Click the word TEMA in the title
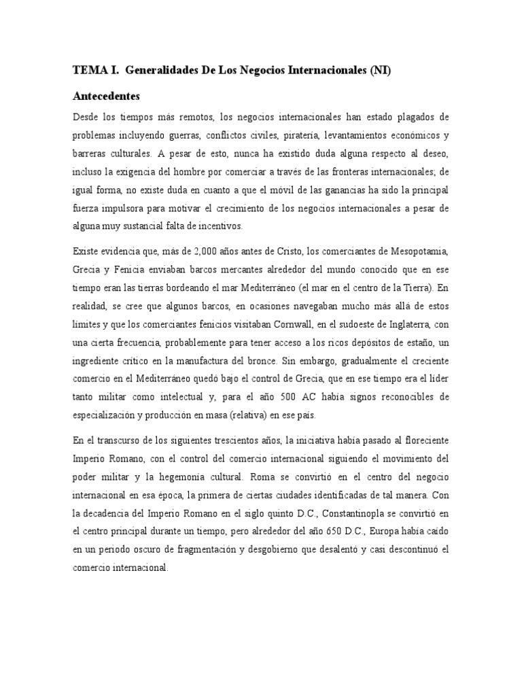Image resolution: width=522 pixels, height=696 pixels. point(88,71)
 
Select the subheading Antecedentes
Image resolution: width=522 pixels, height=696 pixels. point(111,96)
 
